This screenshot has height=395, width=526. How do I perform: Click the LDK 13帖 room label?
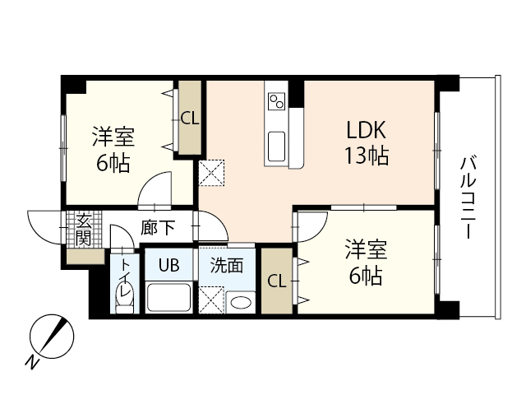click(367, 142)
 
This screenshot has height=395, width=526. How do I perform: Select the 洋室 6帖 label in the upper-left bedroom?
click(113, 149)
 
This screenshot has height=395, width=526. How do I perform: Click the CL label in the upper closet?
click(189, 118)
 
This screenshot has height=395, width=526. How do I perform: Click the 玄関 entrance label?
click(83, 229)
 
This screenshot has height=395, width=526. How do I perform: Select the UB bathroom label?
click(168, 265)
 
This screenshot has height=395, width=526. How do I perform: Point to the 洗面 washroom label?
click(226, 265)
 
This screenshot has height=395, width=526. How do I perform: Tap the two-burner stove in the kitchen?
click(276, 102)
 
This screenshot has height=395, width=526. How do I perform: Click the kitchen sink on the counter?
click(276, 146)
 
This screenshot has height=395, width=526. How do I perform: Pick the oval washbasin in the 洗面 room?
click(240, 303)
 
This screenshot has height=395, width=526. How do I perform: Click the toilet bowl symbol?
click(124, 305)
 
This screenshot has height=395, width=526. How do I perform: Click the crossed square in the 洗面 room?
click(212, 298)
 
